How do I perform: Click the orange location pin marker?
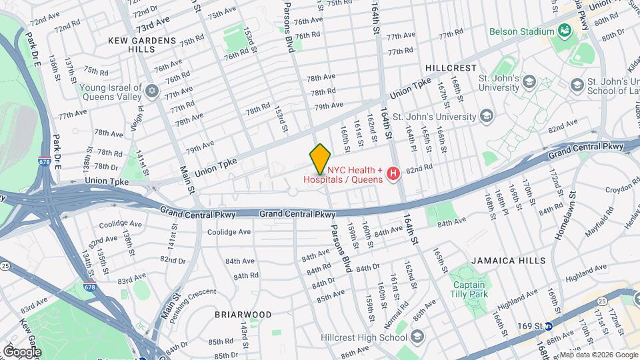320,158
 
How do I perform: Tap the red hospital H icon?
393,174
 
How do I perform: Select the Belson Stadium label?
521,31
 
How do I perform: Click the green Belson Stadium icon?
564,31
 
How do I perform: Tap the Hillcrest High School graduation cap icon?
417,335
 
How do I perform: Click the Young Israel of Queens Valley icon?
151,91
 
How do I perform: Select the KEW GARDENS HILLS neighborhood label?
142,45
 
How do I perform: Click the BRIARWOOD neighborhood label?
243,314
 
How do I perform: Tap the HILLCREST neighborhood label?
451,68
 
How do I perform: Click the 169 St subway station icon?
548,326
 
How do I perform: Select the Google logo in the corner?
22,351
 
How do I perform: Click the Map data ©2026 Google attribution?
598,355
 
